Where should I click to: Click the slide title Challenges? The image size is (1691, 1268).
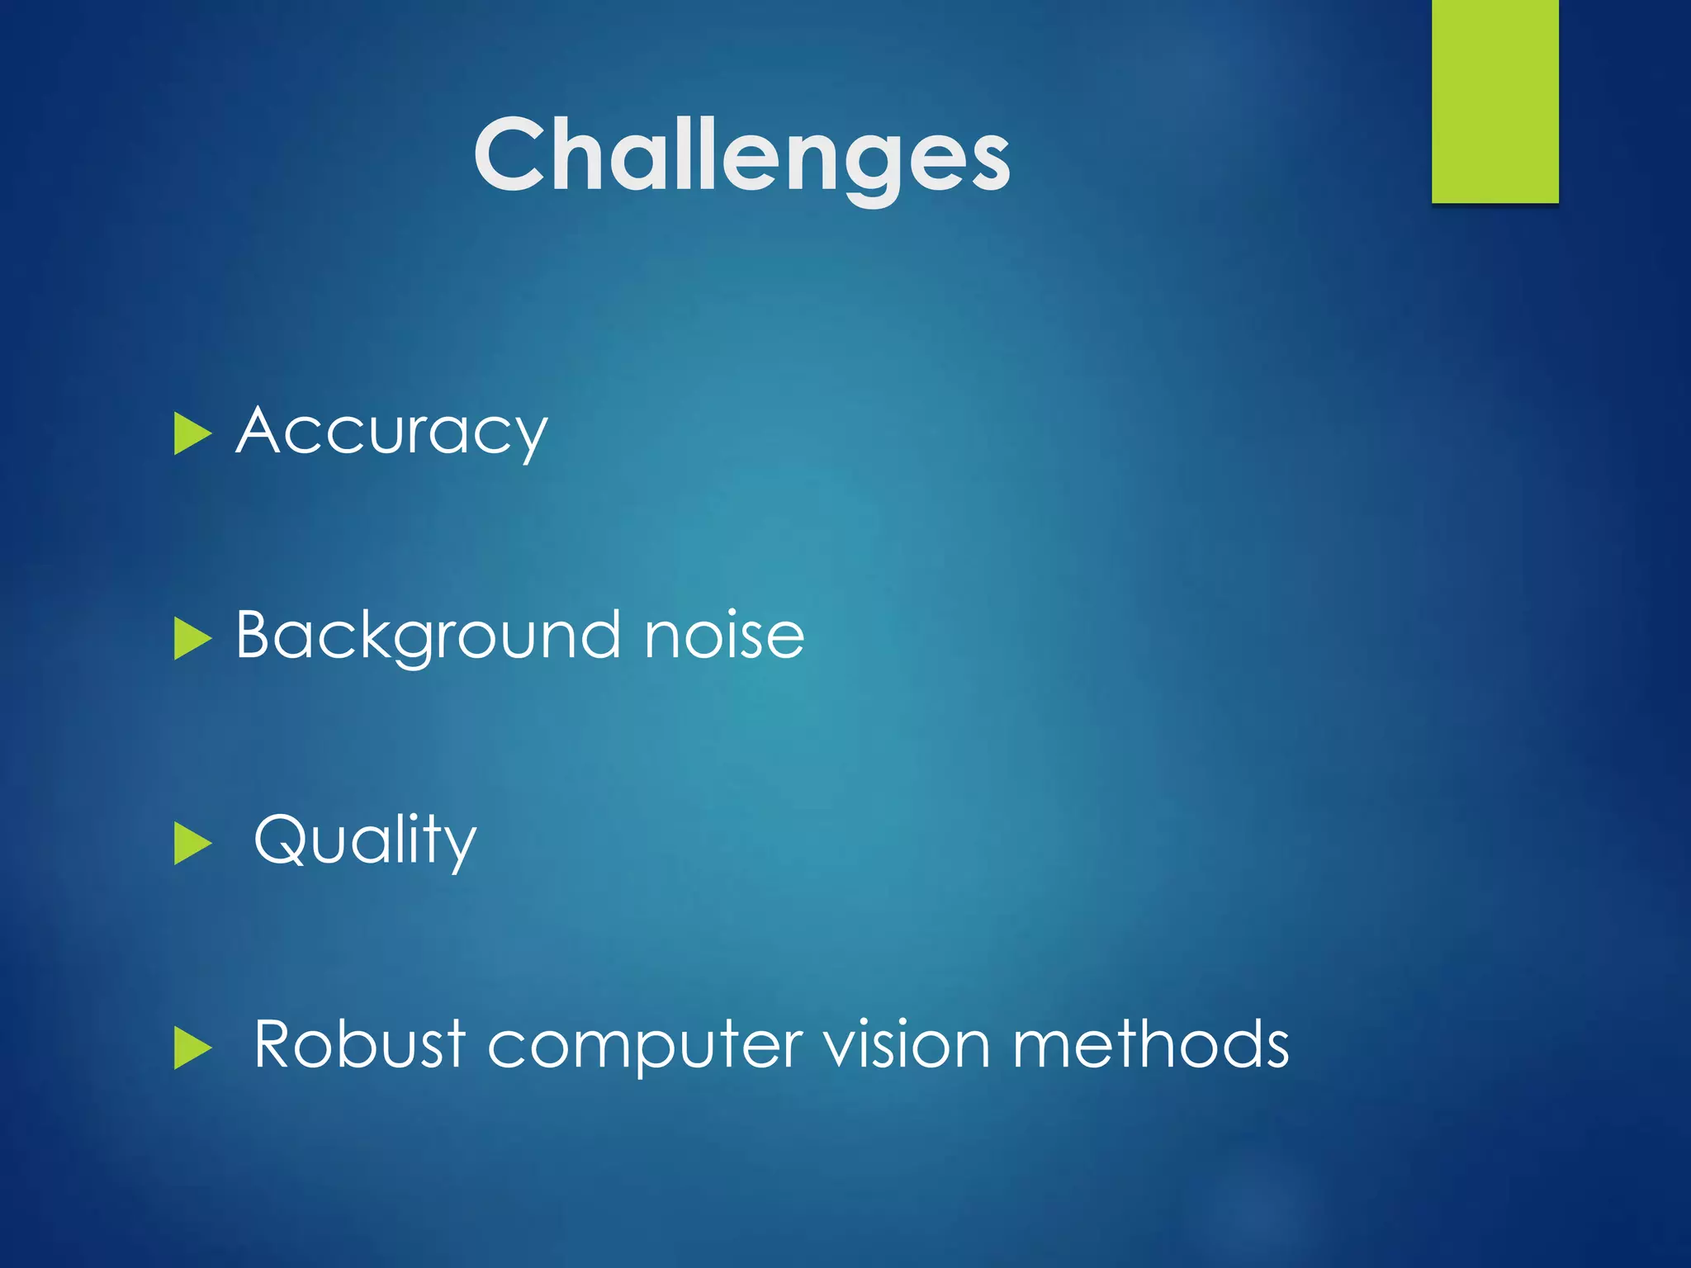tap(741, 155)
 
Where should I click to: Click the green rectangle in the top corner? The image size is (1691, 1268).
tap(1494, 101)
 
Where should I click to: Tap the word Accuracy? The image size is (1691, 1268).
tap(391, 431)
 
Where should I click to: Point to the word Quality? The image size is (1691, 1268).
tap(365, 840)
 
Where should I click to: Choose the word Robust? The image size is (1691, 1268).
tap(359, 1044)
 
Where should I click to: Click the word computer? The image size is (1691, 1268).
tap(645, 1046)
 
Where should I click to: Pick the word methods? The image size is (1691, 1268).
tap(1150, 1044)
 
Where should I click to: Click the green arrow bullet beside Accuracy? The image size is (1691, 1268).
tap(192, 434)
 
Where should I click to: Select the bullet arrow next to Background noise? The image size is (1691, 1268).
tap(192, 640)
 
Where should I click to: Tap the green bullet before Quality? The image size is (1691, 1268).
tap(192, 844)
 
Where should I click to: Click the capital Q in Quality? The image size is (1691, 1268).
tap(281, 840)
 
